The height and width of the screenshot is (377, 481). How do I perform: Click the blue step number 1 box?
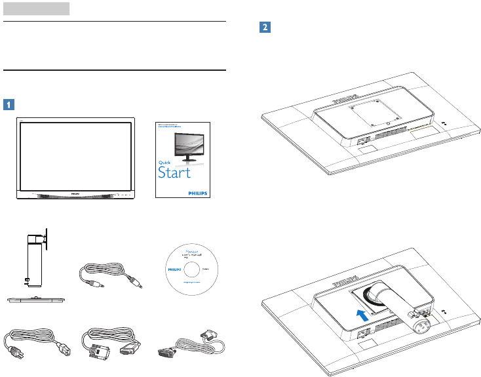(x=9, y=104)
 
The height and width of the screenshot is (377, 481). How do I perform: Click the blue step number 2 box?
(x=264, y=28)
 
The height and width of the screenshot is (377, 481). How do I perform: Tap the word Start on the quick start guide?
(x=174, y=172)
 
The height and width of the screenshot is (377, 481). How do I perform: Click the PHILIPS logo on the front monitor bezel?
(x=76, y=194)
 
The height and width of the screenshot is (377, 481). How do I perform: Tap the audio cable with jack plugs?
(x=112, y=275)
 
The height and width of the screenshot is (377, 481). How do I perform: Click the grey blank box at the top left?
(x=36, y=9)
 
